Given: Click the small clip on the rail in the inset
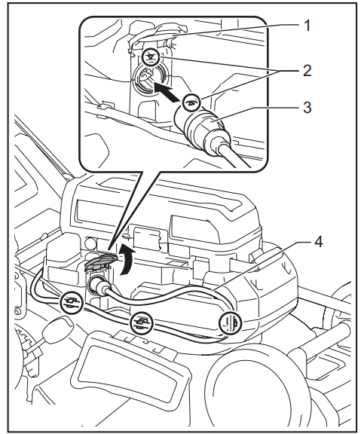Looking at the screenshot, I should tap(106, 105).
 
